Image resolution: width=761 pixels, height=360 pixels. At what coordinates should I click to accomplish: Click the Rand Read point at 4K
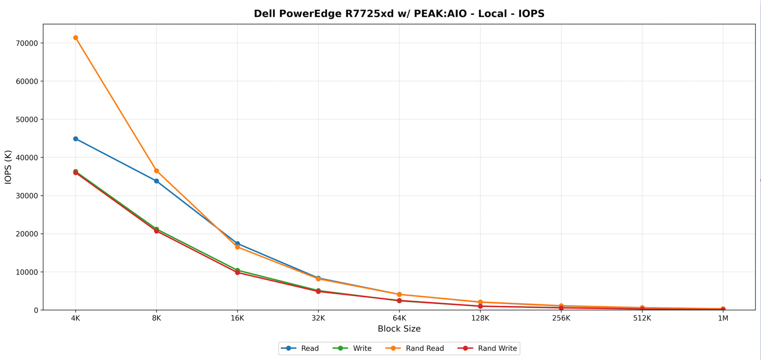(x=76, y=38)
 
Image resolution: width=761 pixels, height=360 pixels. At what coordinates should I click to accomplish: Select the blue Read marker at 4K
(x=76, y=139)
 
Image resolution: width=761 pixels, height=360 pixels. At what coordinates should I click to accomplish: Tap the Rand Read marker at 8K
(x=156, y=171)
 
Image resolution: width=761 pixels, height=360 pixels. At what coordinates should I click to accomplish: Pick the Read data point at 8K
(x=156, y=181)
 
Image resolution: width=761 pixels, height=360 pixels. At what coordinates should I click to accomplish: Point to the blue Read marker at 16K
(x=237, y=244)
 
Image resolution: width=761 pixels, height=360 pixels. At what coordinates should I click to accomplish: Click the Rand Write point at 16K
(x=237, y=273)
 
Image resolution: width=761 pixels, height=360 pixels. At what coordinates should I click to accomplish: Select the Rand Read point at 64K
(x=399, y=295)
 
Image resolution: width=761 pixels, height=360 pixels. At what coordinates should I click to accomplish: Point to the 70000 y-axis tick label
(x=27, y=43)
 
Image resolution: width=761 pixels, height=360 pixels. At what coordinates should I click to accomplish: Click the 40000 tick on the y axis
(x=27, y=158)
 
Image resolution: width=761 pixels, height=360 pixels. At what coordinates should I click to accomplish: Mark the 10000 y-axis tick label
(x=27, y=272)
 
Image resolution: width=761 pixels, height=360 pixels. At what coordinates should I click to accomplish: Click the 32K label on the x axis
(x=318, y=318)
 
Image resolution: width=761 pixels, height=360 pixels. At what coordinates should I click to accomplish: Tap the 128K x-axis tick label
(x=480, y=318)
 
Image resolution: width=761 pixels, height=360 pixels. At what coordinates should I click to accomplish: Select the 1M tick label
(x=723, y=318)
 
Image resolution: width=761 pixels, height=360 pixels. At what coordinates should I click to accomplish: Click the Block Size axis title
(x=399, y=329)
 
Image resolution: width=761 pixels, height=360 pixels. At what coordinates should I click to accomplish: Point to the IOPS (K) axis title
(x=8, y=167)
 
